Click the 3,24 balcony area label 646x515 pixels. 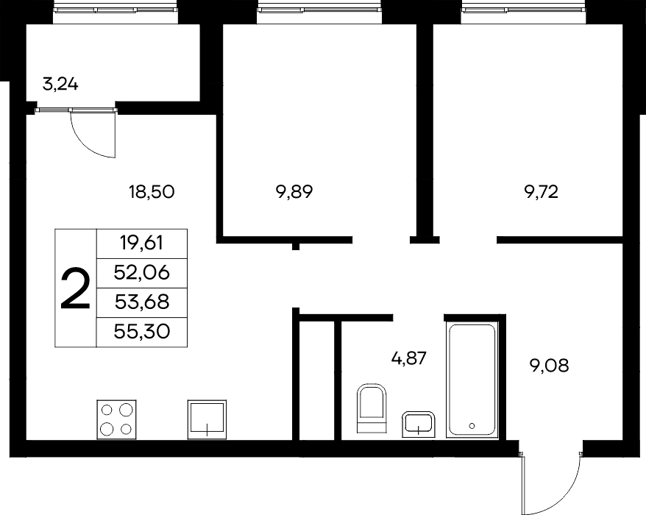click(x=60, y=85)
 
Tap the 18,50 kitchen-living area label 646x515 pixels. click(x=152, y=192)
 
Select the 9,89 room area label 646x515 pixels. click(x=294, y=192)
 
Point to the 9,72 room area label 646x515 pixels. click(x=541, y=192)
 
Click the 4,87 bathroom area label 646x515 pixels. click(x=408, y=358)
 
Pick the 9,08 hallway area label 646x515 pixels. click(x=549, y=366)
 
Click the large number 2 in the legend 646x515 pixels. click(x=75, y=288)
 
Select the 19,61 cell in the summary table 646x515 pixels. click(x=142, y=244)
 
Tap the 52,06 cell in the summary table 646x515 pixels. click(x=142, y=273)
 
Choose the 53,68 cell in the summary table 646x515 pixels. click(x=142, y=302)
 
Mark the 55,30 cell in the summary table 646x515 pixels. click(x=142, y=332)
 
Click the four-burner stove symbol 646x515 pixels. click(x=116, y=419)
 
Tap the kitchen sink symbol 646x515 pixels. click(x=207, y=419)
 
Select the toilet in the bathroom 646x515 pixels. click(x=372, y=408)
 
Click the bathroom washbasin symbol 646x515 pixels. click(x=418, y=424)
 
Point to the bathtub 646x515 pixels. click(x=472, y=380)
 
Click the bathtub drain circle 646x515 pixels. click(x=472, y=425)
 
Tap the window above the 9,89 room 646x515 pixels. click(x=319, y=8)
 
